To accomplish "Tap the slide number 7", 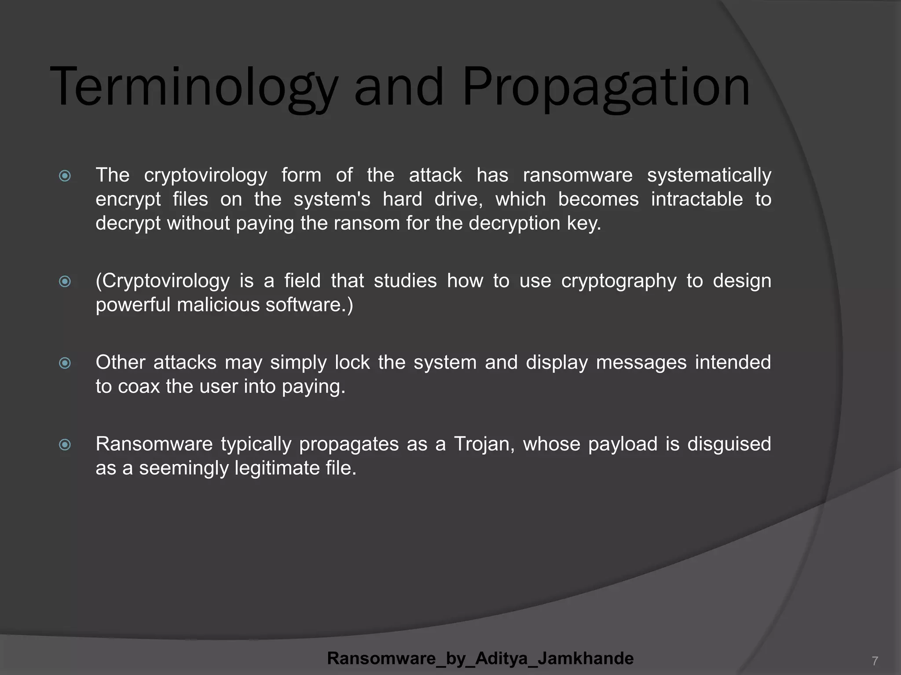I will coord(875,660).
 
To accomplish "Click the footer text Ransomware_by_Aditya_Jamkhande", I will coord(480,658).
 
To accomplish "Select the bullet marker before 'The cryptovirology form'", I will coord(65,176).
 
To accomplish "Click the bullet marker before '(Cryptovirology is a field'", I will coord(65,281).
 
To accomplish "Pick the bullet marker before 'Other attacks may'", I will coord(65,363).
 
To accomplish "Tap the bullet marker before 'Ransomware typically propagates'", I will coord(65,445).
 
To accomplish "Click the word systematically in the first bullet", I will coord(709,175).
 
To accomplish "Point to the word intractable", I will coord(697,199).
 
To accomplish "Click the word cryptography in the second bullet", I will coord(619,281).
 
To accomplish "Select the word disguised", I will coord(729,444).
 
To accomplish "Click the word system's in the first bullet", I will coord(332,199).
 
